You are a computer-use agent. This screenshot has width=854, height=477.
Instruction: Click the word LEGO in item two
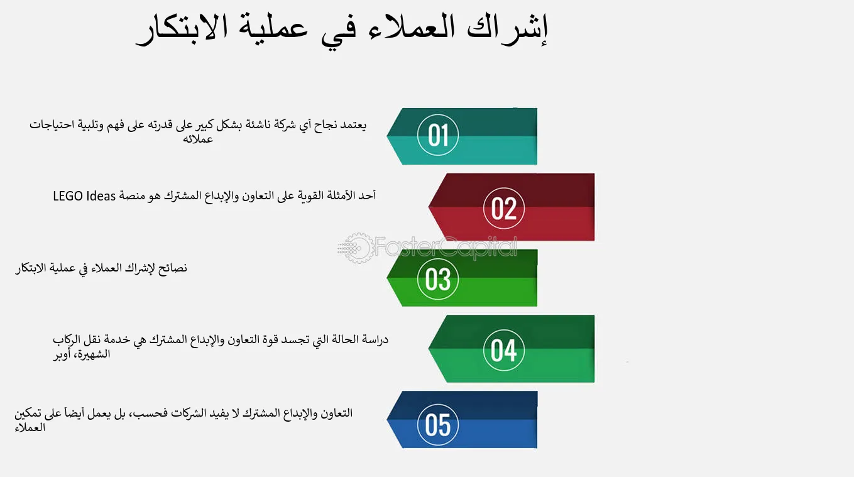68,196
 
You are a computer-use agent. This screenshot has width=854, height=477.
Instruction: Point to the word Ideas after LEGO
101,196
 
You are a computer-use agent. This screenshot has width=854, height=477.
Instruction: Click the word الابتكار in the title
182,29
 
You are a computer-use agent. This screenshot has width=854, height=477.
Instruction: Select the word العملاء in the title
412,28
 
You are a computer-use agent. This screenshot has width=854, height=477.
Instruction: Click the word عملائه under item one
198,139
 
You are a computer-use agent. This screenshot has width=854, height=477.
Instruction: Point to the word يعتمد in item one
351,125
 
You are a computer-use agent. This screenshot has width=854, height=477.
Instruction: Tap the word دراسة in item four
374,339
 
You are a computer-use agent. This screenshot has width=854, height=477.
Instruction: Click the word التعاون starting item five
336,413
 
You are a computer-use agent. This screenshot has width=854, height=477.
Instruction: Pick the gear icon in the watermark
356,248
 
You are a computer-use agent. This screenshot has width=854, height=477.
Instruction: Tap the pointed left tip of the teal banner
387,134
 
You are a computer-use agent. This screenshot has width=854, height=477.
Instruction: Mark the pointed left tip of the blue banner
387,419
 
